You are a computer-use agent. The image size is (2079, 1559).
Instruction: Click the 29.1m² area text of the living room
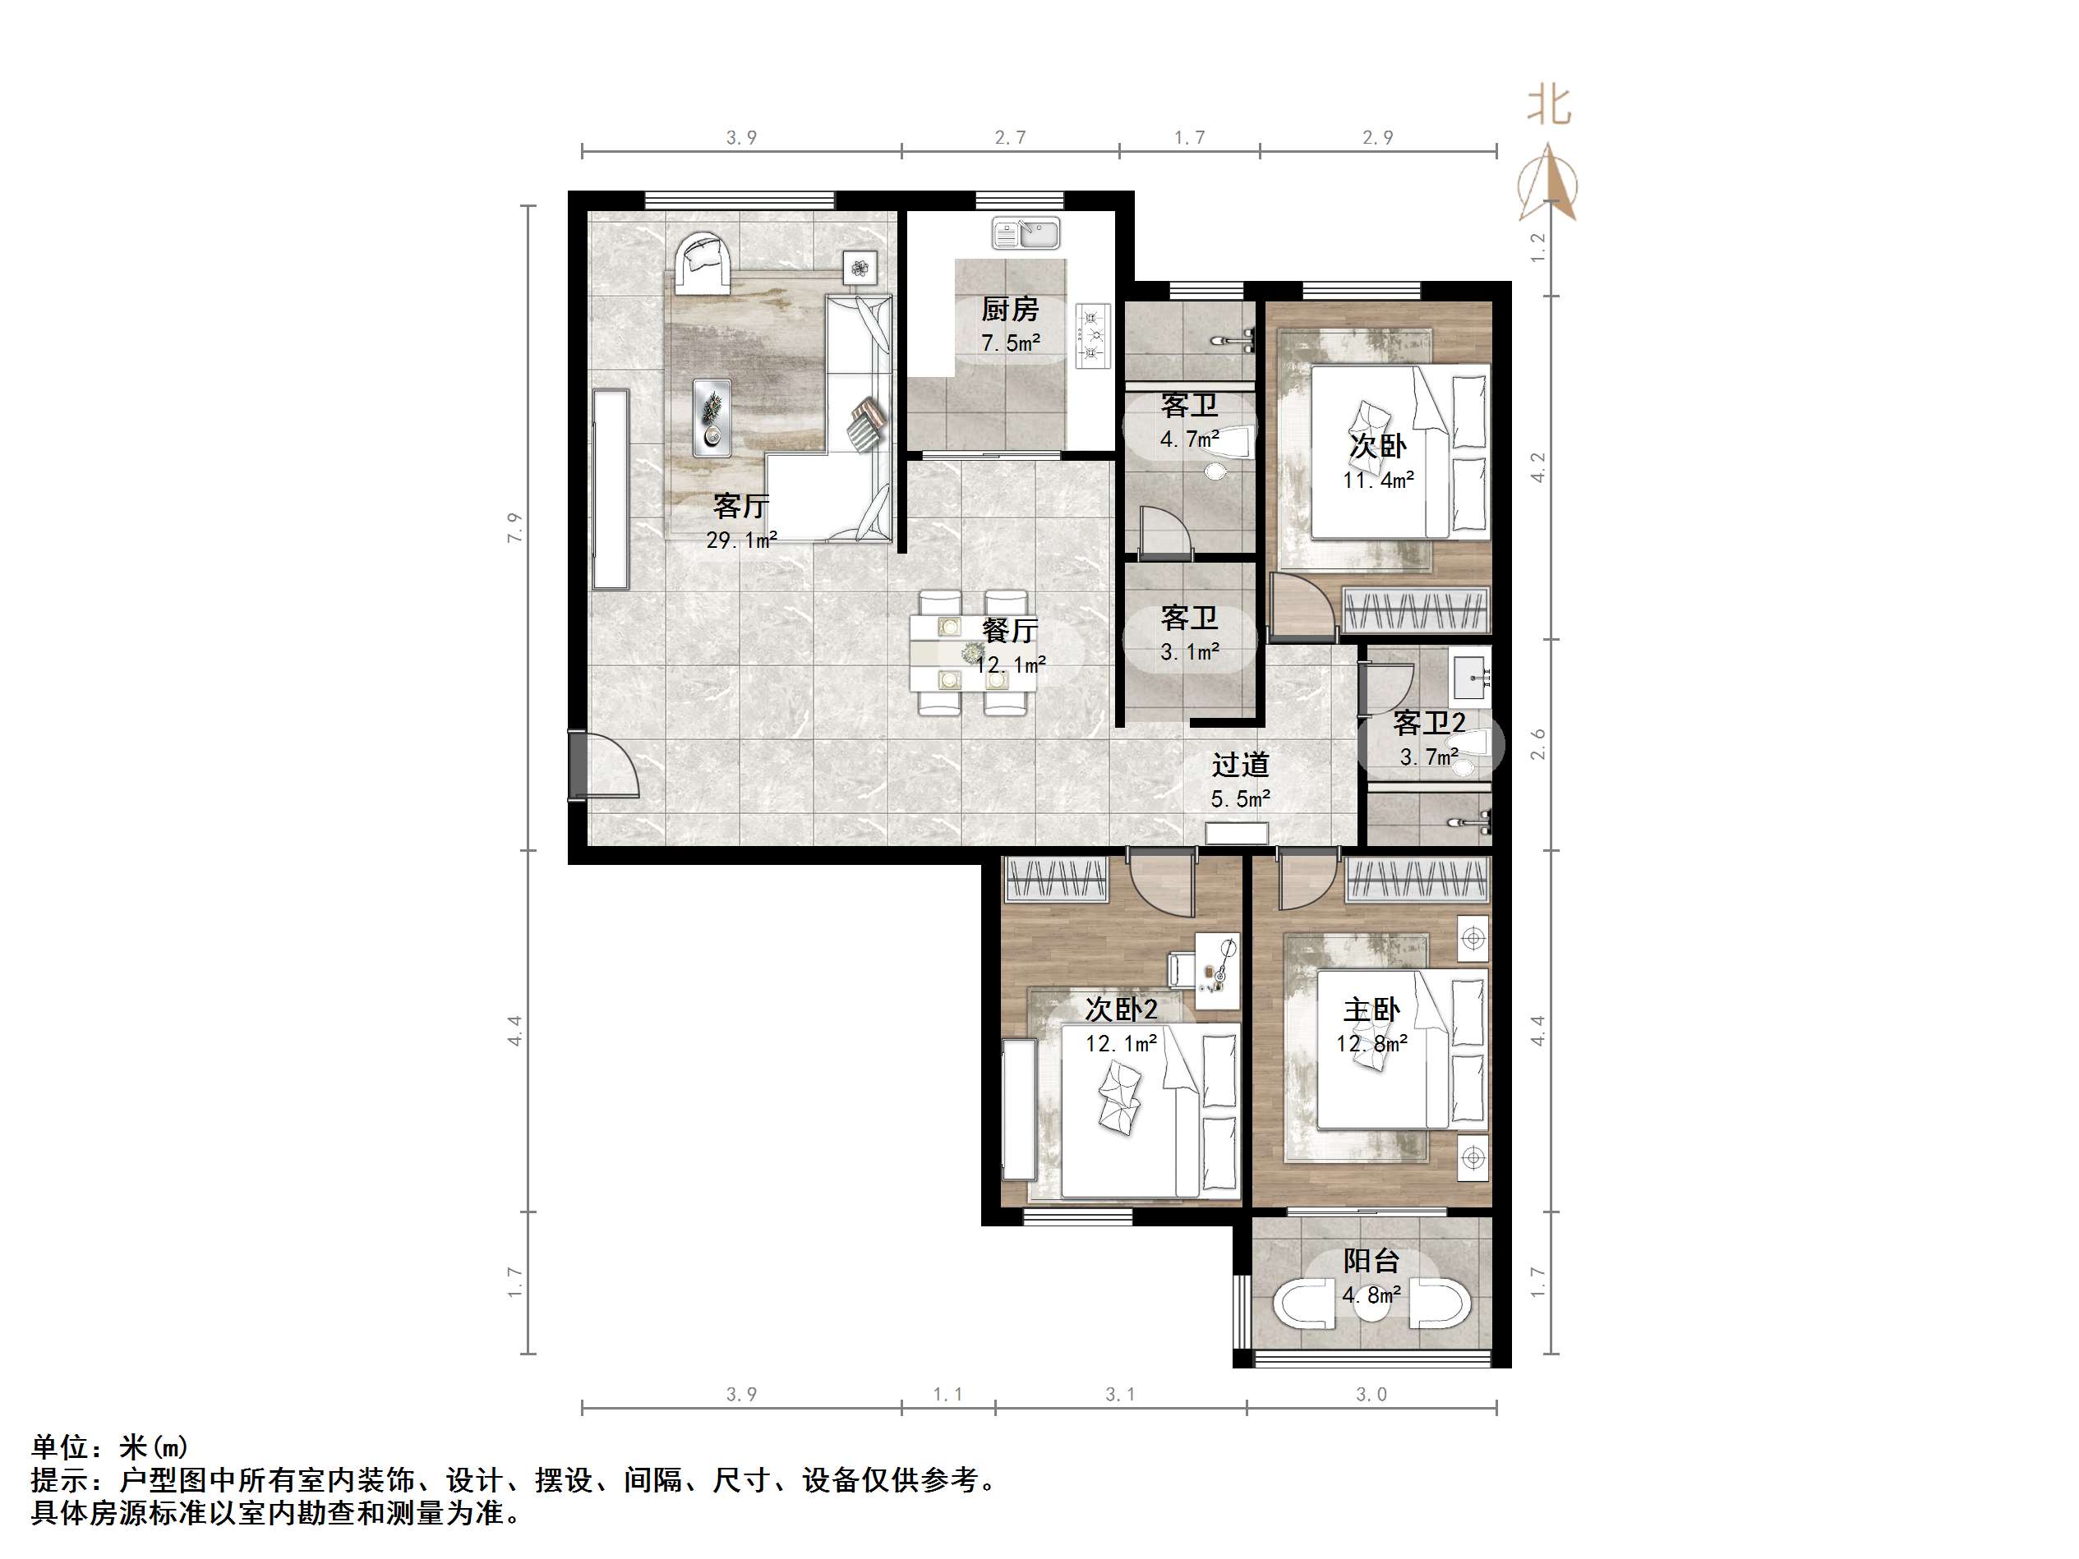(741, 540)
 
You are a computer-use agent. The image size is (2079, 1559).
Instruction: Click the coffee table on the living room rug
(712, 416)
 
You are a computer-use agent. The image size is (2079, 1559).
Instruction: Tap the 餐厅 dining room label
(1009, 630)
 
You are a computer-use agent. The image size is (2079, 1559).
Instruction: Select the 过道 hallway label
(1240, 765)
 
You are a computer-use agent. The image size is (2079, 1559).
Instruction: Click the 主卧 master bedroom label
(1371, 1010)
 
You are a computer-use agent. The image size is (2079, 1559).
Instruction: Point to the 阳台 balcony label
(1371, 1260)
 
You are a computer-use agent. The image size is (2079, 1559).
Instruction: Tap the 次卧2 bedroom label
(1120, 1009)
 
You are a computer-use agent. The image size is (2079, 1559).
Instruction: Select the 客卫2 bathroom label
(1429, 723)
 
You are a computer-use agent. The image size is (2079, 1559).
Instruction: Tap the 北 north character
(1548, 105)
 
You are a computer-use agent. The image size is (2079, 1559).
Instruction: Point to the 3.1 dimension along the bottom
(1119, 1395)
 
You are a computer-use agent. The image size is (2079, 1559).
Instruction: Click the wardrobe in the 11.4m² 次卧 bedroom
(1417, 609)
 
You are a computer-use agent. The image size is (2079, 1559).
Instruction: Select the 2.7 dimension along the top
(1011, 138)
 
